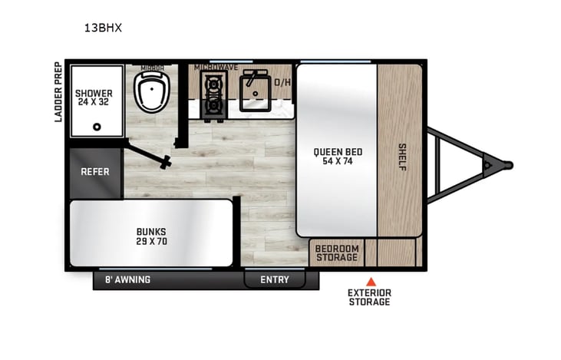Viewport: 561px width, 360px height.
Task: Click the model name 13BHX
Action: click(x=103, y=28)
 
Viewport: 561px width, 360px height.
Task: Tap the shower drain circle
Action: click(x=97, y=127)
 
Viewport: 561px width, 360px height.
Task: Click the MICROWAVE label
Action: click(x=216, y=68)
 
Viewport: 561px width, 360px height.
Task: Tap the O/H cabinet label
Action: click(x=282, y=82)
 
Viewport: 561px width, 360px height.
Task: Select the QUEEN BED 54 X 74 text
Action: click(x=337, y=157)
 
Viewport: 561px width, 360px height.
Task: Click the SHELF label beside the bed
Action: click(x=401, y=157)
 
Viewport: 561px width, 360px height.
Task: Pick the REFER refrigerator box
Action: click(x=95, y=172)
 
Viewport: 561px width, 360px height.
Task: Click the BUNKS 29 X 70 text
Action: click(x=151, y=236)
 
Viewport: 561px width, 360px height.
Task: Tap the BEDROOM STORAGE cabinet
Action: click(x=337, y=253)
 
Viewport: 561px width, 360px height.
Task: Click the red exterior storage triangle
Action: click(x=370, y=281)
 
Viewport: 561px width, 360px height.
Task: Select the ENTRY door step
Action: click(x=275, y=279)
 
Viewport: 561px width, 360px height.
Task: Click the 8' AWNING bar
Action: click(x=128, y=279)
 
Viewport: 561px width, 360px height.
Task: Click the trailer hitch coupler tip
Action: click(x=507, y=163)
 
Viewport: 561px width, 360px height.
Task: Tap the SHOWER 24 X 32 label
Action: click(x=94, y=98)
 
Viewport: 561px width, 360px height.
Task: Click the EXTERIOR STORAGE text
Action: click(x=369, y=297)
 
